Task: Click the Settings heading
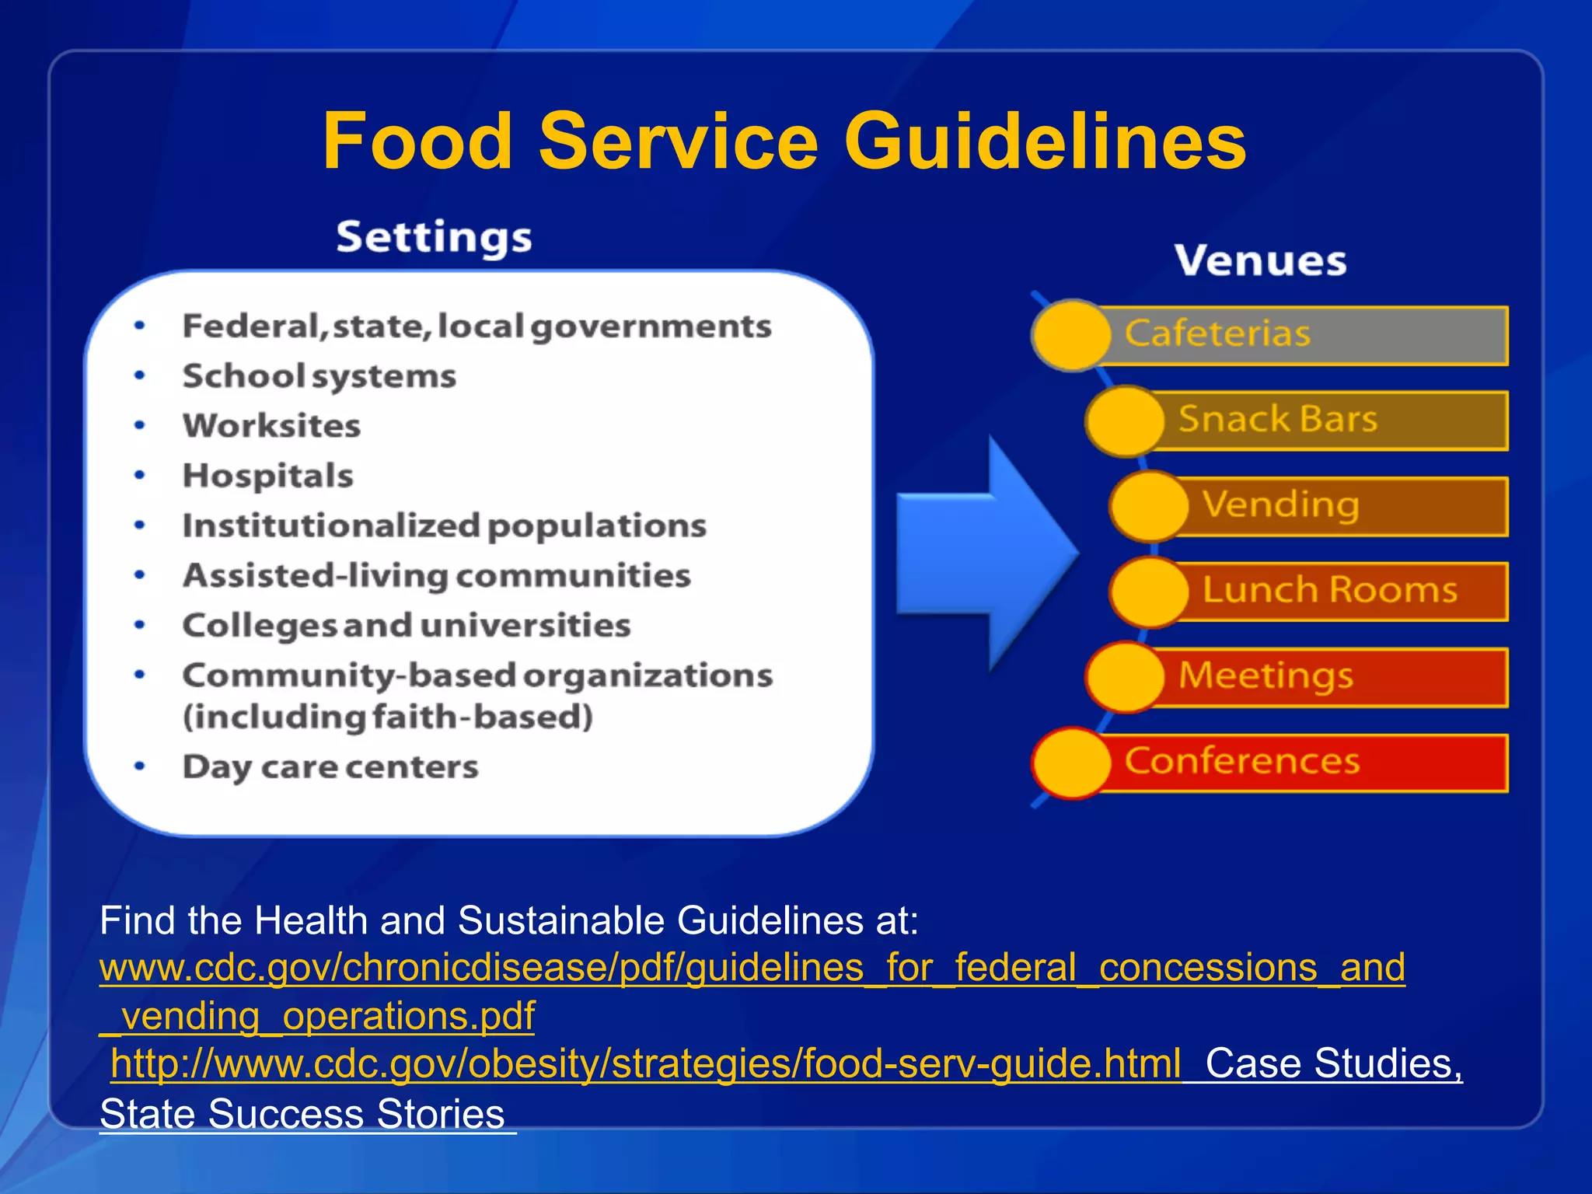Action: pyautogui.click(x=434, y=237)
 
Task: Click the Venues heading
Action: pyautogui.click(x=1260, y=261)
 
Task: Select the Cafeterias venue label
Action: pyautogui.click(x=1217, y=334)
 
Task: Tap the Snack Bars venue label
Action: pyautogui.click(x=1278, y=420)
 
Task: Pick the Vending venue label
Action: pyautogui.click(x=1281, y=505)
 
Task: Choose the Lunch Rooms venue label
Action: pyautogui.click(x=1329, y=590)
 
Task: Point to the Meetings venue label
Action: pyautogui.click(x=1266, y=676)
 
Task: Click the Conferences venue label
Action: pyautogui.click(x=1241, y=761)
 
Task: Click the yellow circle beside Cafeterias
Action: pyautogui.click(x=1071, y=335)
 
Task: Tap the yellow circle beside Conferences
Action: pyautogui.click(x=1071, y=763)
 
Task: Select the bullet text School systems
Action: pyautogui.click(x=319, y=377)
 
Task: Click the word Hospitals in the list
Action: pyautogui.click(x=267, y=476)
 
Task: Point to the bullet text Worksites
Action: pyautogui.click(x=271, y=426)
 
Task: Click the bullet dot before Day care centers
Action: pyautogui.click(x=140, y=766)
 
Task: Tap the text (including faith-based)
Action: pyautogui.click(x=387, y=717)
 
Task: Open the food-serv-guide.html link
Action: pyautogui.click(x=645, y=1063)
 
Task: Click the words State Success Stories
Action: pyautogui.click(x=302, y=1114)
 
